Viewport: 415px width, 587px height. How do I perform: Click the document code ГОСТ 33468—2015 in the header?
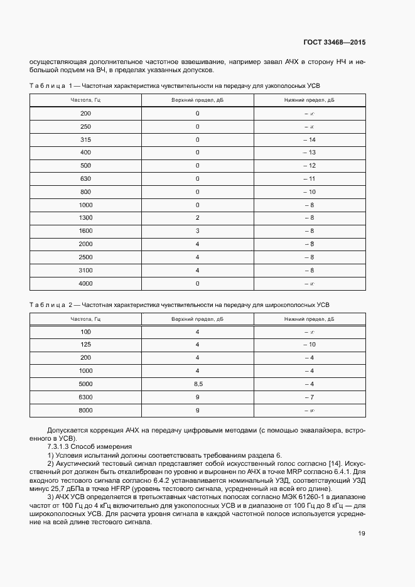coord(333,43)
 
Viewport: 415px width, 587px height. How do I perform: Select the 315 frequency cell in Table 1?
coord(85,139)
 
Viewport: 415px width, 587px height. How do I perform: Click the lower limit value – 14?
coord(308,139)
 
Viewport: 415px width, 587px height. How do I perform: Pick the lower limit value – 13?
coord(308,153)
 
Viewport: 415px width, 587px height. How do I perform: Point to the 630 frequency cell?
coord(85,179)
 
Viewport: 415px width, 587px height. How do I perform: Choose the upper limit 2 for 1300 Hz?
coord(197,218)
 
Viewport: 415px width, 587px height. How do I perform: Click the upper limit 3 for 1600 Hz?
coord(197,231)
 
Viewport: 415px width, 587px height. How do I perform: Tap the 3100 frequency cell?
coord(85,270)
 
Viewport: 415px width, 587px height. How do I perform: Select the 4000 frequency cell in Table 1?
coord(85,283)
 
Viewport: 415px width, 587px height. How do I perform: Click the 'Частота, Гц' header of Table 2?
coord(85,319)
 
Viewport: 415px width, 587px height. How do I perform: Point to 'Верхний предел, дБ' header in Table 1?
coord(197,100)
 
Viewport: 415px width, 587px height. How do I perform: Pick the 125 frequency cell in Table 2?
coord(85,345)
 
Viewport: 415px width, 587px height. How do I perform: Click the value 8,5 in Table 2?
coord(197,384)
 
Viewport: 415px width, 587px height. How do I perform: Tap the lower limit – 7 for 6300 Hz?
coord(308,397)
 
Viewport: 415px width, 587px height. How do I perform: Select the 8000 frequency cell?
coord(85,411)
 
